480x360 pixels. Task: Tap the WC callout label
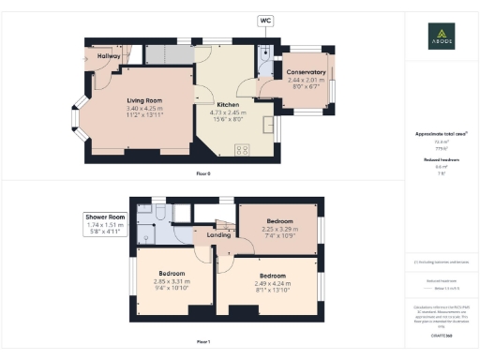(265, 20)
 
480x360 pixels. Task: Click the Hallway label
(110, 56)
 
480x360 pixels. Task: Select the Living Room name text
(145, 100)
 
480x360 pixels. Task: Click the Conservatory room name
(306, 72)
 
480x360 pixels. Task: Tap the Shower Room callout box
(105, 226)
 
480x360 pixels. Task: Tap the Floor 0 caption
(203, 173)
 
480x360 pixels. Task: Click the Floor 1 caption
(203, 341)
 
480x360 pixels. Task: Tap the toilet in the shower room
(161, 217)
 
